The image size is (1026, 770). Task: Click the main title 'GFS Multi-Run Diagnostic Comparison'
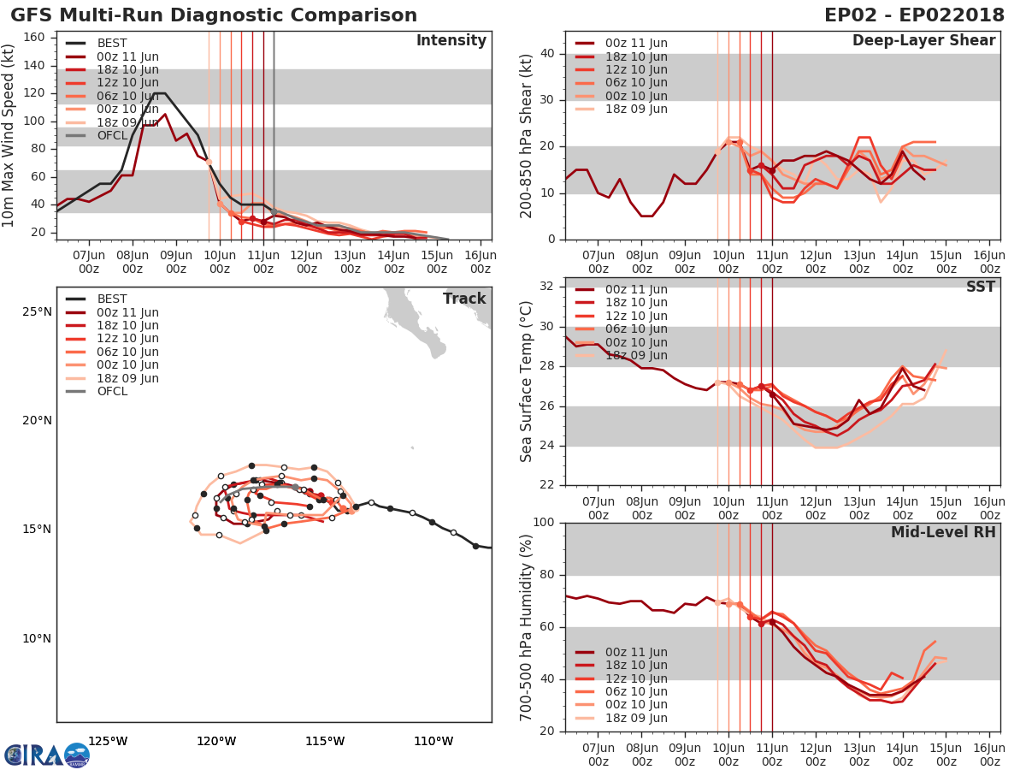214,15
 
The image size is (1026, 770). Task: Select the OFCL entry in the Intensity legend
112,136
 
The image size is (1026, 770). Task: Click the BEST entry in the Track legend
112,299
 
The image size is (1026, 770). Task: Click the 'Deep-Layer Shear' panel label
923,41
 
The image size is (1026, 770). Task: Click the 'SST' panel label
981,287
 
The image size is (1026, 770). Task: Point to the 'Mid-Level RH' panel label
943,532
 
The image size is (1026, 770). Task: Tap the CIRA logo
46,755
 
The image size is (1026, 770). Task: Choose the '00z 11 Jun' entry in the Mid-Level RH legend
636,653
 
